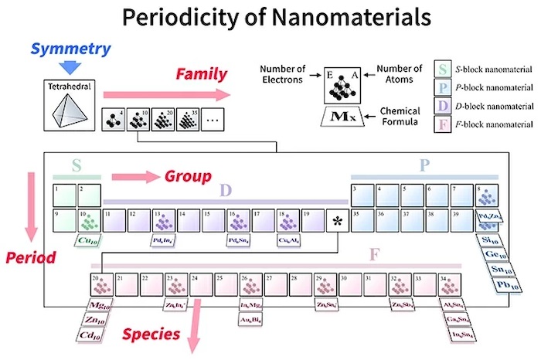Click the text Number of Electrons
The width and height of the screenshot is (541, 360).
point(281,77)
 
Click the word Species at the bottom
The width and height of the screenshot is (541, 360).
point(152,335)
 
